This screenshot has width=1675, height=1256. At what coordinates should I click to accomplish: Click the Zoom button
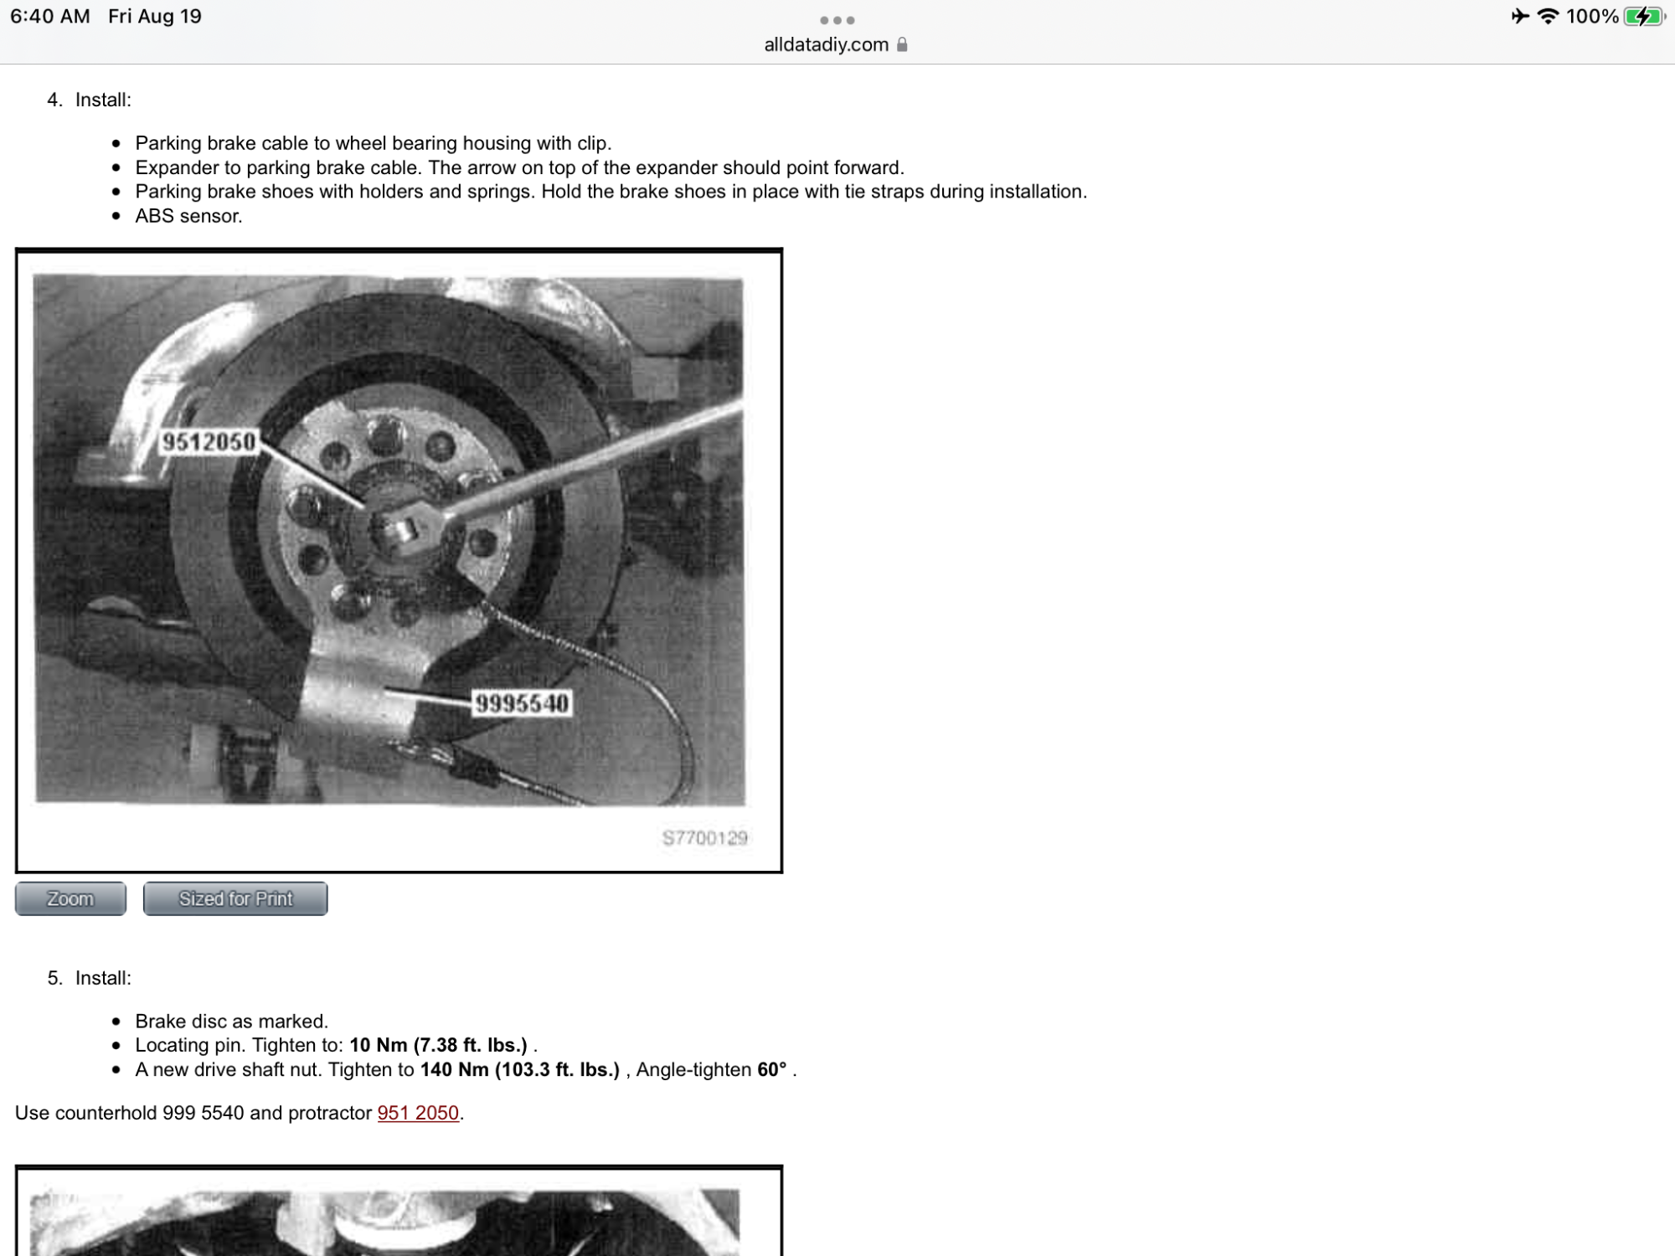(x=70, y=898)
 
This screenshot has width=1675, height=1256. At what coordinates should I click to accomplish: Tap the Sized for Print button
(x=235, y=898)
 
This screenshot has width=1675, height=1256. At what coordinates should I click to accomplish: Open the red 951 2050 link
(x=418, y=1113)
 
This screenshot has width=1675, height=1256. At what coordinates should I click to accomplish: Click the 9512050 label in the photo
(x=209, y=441)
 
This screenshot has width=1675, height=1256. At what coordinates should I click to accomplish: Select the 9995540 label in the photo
(x=522, y=703)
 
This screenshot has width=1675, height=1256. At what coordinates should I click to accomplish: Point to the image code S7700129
(x=704, y=838)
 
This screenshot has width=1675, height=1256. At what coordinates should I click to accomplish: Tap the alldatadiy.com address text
(x=826, y=44)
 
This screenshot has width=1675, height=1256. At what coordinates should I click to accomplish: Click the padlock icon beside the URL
(x=902, y=44)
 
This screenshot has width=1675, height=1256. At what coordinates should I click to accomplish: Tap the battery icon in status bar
(x=1642, y=17)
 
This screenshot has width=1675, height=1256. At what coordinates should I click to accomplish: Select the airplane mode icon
(x=1520, y=16)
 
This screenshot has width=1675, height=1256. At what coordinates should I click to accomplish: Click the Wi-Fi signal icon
(x=1548, y=16)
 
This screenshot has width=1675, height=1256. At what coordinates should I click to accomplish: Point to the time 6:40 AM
(x=50, y=17)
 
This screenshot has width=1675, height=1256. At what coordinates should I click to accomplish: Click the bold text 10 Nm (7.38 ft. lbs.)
(x=438, y=1045)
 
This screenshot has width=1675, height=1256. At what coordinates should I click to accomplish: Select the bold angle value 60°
(x=771, y=1069)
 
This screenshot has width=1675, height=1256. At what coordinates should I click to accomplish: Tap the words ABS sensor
(x=188, y=216)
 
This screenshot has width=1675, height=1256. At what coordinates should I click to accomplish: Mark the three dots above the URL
(x=837, y=20)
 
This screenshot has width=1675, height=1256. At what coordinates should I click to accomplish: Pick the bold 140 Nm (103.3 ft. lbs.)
(x=519, y=1069)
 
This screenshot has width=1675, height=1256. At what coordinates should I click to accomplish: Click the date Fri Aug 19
(x=155, y=17)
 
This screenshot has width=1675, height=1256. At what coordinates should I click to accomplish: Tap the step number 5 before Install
(x=54, y=978)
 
